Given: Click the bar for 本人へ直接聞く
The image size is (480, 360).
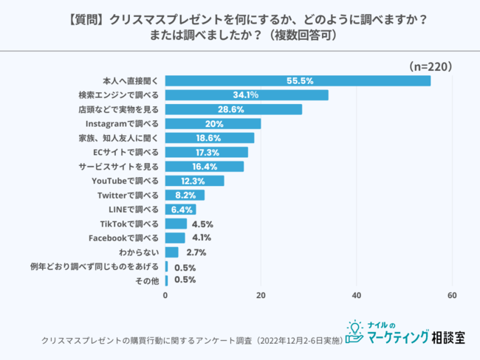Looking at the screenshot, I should pos(298,81).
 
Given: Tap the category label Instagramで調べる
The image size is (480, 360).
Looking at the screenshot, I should pos(123,123).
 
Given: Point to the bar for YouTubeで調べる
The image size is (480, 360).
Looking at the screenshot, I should pos(195,181).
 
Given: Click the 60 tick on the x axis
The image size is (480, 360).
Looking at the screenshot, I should pos(452,296).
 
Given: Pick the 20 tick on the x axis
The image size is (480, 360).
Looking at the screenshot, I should pos(261,296).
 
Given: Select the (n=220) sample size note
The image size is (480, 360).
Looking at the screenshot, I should pos(430,66).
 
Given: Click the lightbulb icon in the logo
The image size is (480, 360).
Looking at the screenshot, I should pos(354,328).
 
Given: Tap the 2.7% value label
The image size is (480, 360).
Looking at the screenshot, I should pos(196,252).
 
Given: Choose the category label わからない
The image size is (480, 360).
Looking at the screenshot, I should pos(138,252).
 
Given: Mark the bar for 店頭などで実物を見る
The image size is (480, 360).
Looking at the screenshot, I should pos(233,109).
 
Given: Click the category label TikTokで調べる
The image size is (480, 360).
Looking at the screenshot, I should pos(129,224).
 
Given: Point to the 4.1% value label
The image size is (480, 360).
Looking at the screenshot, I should pos(202,238).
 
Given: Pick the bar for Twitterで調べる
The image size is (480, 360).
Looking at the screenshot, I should pos(185,195).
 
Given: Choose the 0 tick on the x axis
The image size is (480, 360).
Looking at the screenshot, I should pos(165,296).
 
